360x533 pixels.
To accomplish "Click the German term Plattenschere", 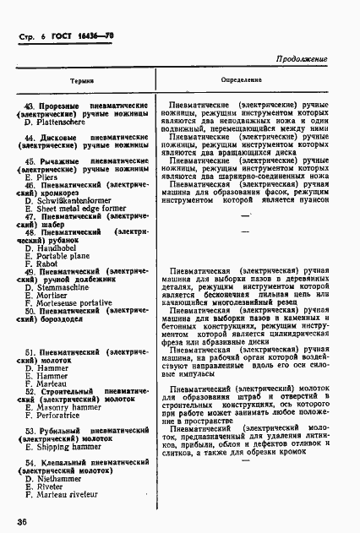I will point(63,122).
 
